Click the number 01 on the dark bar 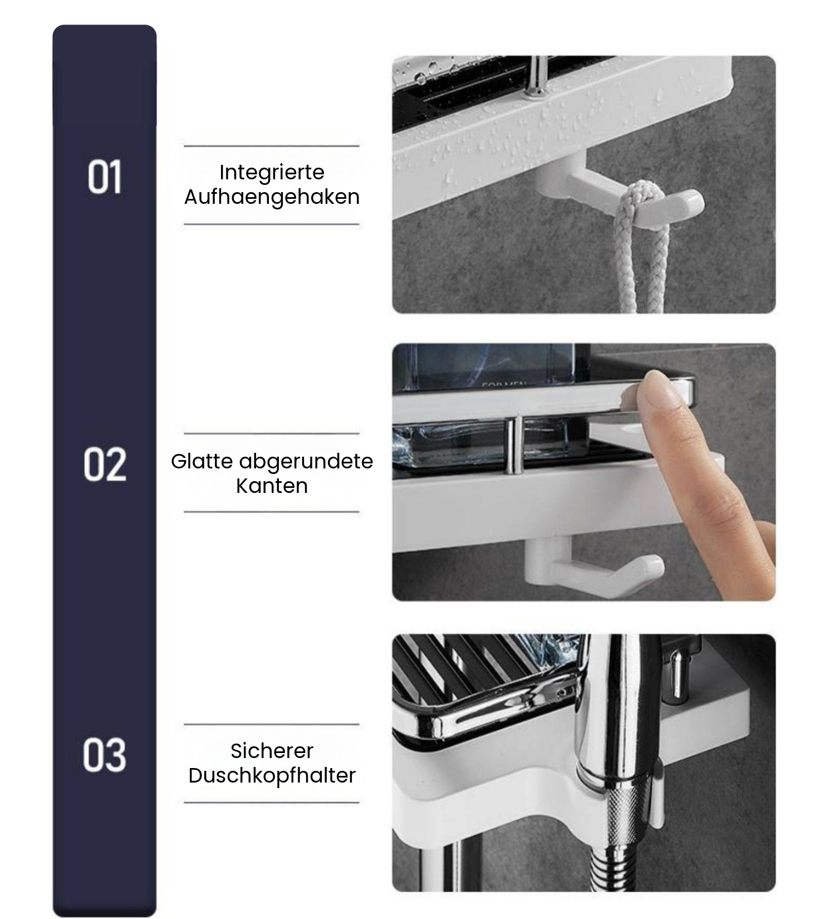click(x=105, y=177)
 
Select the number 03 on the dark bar click(x=105, y=755)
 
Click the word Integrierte click(x=272, y=173)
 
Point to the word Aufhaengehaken click(x=272, y=197)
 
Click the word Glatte click(x=202, y=461)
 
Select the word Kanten click(x=272, y=486)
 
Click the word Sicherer click(x=272, y=751)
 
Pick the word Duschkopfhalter click(x=272, y=775)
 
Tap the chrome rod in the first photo click(x=537, y=76)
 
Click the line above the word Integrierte click(x=272, y=146)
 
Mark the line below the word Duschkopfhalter click(x=272, y=803)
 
